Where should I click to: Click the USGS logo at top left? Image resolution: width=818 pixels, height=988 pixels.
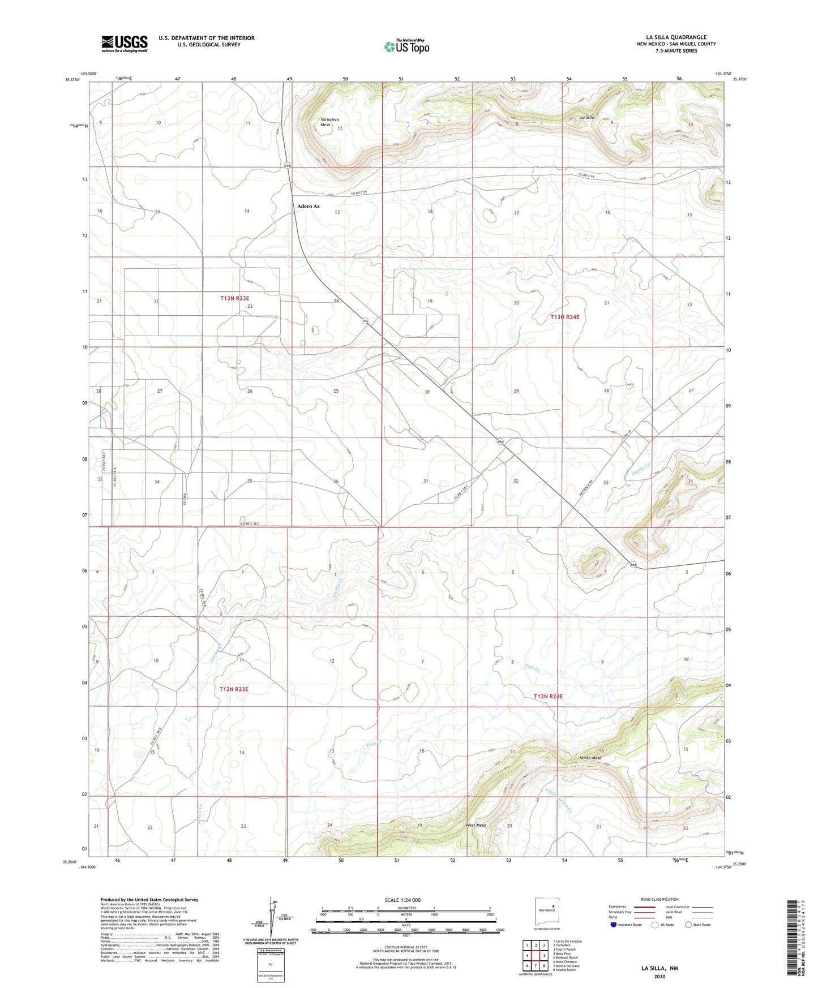[x=125, y=44]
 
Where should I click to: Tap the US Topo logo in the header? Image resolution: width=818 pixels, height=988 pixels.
[x=406, y=46]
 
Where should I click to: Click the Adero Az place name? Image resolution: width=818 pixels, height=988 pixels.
[x=309, y=206]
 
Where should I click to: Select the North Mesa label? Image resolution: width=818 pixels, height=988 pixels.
[x=590, y=758]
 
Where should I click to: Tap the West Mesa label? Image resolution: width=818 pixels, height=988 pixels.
[x=476, y=825]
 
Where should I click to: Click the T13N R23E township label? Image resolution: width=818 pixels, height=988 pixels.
[x=235, y=298]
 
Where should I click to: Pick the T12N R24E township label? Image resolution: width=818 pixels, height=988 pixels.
[x=548, y=696]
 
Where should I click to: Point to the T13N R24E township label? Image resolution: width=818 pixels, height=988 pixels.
[x=564, y=317]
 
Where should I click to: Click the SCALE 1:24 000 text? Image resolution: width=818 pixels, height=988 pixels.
[x=402, y=900]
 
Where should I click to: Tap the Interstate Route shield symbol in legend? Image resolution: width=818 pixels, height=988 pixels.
[x=614, y=925]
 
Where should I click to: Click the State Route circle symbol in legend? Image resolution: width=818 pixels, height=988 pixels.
[x=688, y=925]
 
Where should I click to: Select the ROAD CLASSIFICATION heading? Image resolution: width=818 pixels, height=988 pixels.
[x=659, y=899]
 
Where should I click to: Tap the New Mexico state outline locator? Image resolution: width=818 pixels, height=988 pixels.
[x=544, y=911]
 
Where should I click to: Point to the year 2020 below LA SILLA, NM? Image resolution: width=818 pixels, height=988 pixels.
[x=659, y=976]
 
